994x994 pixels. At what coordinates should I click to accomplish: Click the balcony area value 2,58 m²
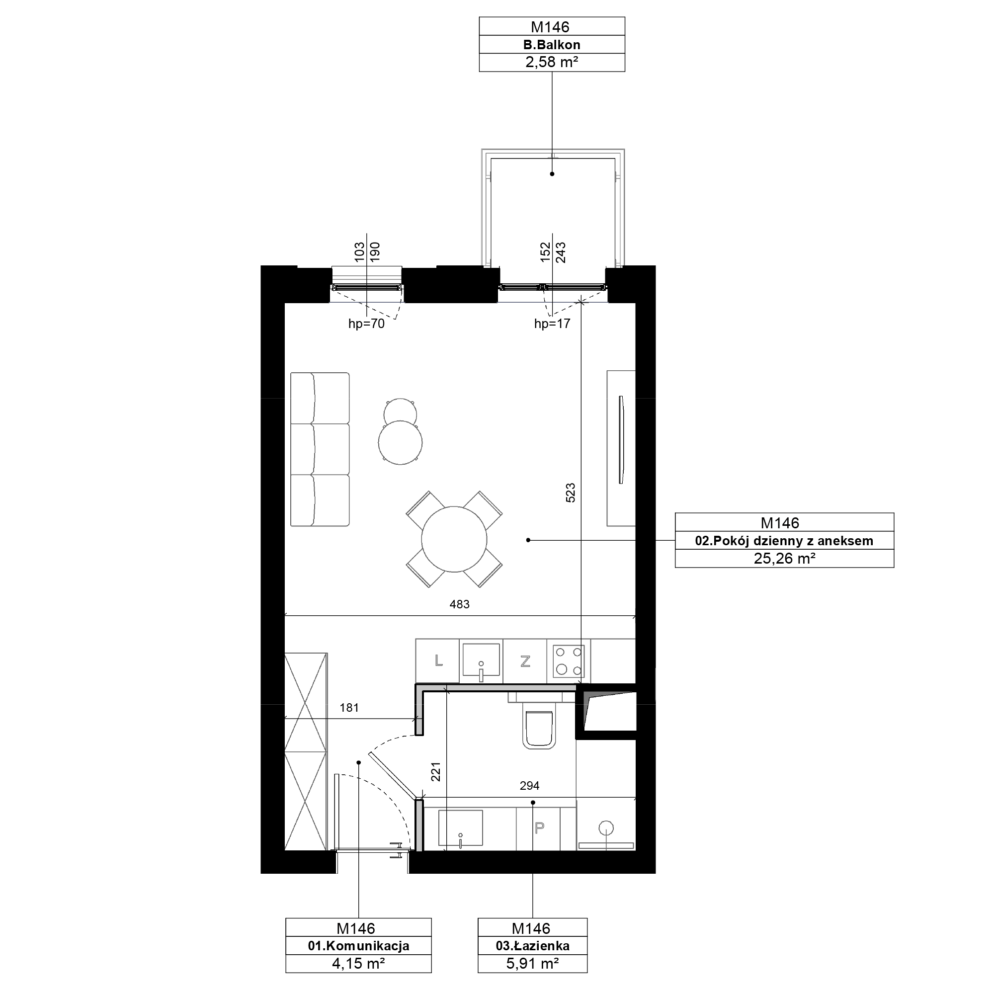(552, 62)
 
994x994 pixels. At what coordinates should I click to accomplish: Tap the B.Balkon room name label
(552, 45)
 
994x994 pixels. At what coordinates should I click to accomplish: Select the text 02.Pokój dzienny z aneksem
(784, 541)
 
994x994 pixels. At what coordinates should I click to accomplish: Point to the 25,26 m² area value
(784, 559)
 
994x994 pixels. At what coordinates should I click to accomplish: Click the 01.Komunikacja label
(359, 946)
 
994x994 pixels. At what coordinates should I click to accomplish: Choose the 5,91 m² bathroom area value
(532, 964)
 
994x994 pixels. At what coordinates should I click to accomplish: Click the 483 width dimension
(459, 604)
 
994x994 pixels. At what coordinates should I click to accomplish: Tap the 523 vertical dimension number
(570, 493)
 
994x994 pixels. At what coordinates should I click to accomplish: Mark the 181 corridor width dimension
(349, 708)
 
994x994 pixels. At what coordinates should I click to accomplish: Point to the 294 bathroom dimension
(529, 786)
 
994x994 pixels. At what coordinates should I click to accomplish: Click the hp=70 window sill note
(366, 324)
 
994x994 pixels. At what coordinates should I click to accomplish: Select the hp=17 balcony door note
(552, 324)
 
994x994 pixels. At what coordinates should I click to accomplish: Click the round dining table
(454, 539)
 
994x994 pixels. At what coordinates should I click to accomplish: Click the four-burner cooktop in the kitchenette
(569, 661)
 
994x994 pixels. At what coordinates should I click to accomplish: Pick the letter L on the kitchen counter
(438, 661)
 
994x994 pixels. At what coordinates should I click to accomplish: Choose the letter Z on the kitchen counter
(525, 661)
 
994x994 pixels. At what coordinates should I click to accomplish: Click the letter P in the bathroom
(539, 828)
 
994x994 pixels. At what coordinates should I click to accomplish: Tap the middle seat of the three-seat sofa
(320, 449)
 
